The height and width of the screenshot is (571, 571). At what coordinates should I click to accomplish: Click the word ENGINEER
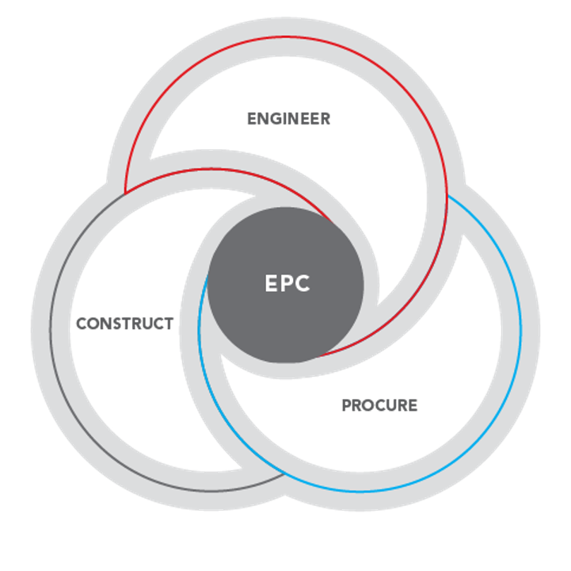(287, 119)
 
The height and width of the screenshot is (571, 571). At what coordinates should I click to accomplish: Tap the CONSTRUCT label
(124, 324)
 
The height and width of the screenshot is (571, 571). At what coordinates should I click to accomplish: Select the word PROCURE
(379, 405)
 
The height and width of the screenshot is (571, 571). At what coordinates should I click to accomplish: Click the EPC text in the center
(287, 284)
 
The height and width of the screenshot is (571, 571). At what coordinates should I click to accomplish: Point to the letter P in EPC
(287, 284)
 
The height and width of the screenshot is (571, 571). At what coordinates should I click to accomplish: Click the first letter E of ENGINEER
(250, 119)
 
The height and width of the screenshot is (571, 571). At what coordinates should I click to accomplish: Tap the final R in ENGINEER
(325, 119)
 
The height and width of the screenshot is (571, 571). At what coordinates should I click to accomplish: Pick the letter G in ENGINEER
(273, 119)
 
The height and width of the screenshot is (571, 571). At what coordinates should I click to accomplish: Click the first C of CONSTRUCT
(81, 324)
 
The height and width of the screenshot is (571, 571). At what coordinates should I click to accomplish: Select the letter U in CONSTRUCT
(147, 324)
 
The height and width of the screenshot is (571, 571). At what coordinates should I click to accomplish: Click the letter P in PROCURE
(346, 405)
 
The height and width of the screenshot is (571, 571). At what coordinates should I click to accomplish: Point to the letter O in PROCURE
(369, 405)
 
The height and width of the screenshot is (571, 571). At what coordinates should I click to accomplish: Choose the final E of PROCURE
(413, 405)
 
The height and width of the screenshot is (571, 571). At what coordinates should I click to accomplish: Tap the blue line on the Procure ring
(519, 317)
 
